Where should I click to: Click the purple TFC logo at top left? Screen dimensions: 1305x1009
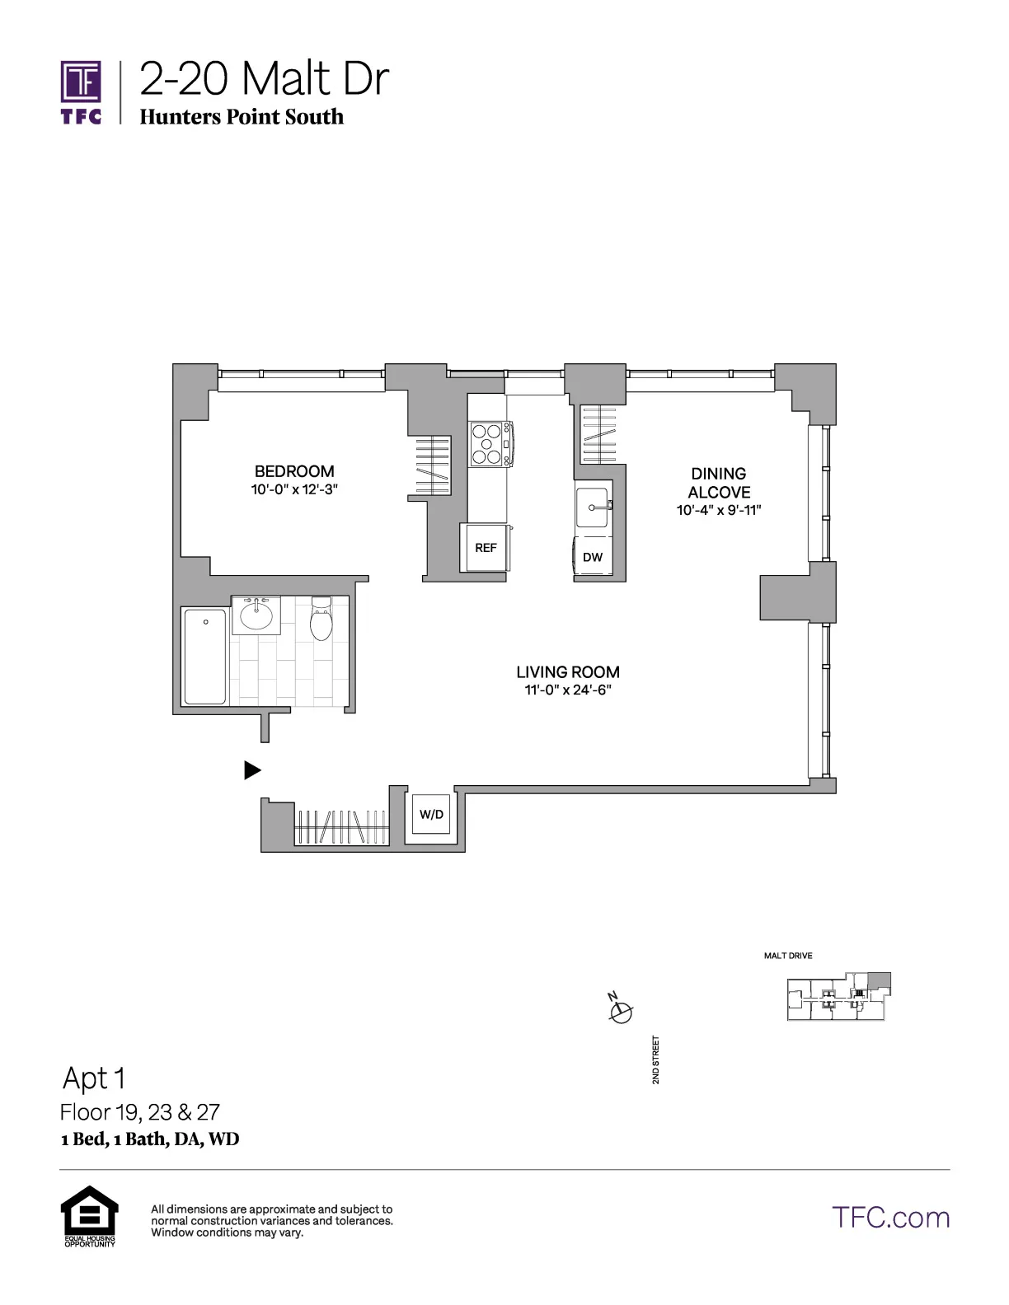point(81,91)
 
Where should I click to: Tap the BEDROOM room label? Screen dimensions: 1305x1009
point(294,471)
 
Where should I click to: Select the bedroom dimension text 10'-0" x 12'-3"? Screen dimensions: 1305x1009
point(295,489)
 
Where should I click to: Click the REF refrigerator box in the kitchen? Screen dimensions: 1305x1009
point(486,548)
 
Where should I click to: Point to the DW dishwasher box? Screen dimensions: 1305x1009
point(593,558)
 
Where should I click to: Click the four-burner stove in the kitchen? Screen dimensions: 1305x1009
point(487,443)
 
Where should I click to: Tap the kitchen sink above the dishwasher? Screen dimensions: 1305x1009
point(593,507)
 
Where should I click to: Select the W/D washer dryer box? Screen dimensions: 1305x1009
point(431,815)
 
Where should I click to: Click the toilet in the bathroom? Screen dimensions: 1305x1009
point(321,620)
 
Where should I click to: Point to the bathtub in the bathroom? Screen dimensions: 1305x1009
point(204,657)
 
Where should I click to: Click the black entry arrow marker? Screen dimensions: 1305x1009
point(252,770)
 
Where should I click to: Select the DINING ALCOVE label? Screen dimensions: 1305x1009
point(719,483)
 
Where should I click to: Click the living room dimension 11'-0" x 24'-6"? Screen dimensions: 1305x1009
point(568,690)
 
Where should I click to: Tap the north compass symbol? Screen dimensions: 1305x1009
point(621,1011)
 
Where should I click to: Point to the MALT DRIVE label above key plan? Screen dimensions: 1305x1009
point(788,956)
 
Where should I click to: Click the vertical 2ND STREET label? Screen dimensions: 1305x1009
point(656,1059)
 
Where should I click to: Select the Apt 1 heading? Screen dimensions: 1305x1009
point(94,1078)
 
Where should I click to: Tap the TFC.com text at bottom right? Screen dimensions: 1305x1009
point(890,1217)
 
